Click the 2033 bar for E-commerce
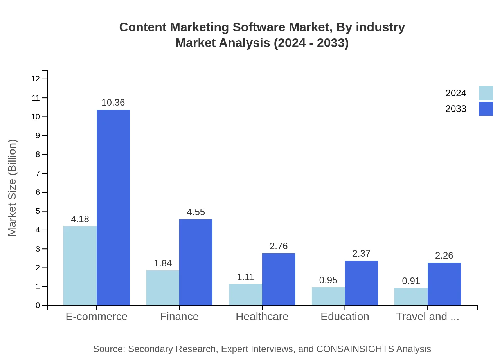click(x=113, y=207)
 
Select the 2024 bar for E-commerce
click(x=80, y=266)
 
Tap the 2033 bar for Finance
click(x=196, y=262)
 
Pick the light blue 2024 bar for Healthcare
click(x=245, y=295)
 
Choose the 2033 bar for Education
click(x=362, y=283)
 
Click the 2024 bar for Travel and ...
click(x=411, y=297)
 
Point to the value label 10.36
click(x=113, y=103)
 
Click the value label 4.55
click(x=196, y=212)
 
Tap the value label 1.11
click(x=245, y=277)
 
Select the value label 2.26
click(x=444, y=256)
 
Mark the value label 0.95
click(x=328, y=280)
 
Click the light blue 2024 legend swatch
click(x=486, y=93)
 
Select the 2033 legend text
click(x=456, y=109)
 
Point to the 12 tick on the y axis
click(x=36, y=79)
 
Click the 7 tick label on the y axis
click(x=38, y=173)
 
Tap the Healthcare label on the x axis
click(x=262, y=316)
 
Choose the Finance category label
click(x=179, y=316)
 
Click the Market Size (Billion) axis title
click(x=13, y=188)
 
